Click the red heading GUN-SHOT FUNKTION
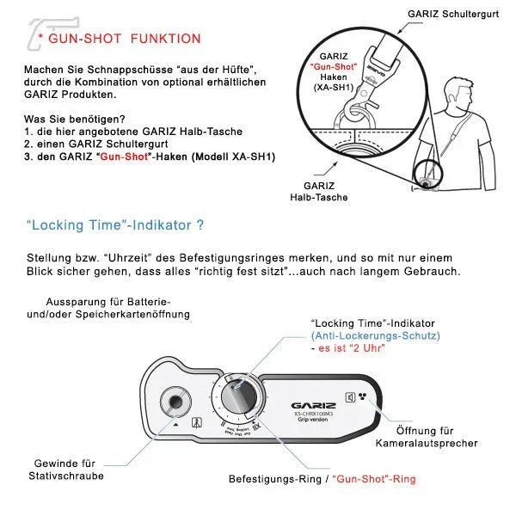[x=125, y=39]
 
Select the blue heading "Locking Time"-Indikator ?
[x=114, y=226]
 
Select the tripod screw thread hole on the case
[x=176, y=402]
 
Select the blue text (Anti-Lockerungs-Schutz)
[x=375, y=335]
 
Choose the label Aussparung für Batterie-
[x=108, y=302]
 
